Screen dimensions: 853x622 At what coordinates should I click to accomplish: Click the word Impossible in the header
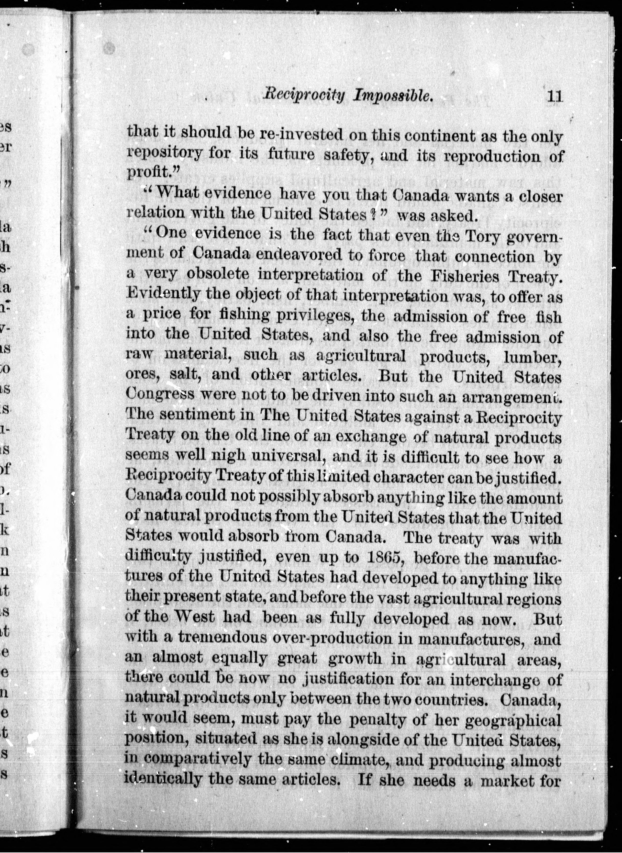click(392, 97)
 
